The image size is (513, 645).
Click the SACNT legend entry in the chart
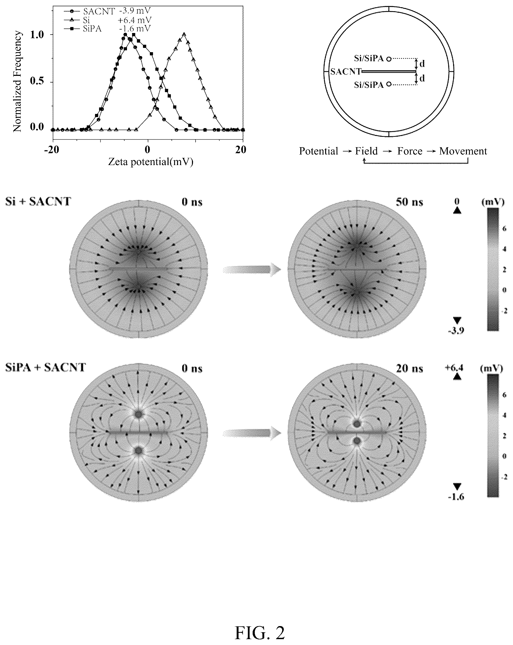point(107,11)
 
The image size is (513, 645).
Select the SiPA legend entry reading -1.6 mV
point(107,29)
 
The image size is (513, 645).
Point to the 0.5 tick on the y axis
point(37,81)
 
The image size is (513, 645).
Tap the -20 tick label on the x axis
point(52,150)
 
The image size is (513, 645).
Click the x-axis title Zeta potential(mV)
point(150,162)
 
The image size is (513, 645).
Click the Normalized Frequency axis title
point(18,81)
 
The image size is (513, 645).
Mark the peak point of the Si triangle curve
point(184,34)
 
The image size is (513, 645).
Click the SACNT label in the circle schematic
point(346,72)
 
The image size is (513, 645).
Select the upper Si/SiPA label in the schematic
point(369,58)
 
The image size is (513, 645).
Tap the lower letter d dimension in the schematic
point(422,78)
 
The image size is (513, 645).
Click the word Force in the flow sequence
point(409,151)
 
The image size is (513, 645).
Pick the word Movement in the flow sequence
point(463,151)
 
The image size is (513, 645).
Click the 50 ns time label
point(409,202)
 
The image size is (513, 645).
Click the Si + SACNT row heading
point(38,202)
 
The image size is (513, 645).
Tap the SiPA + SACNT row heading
point(46,367)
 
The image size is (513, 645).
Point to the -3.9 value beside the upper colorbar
point(456,331)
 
